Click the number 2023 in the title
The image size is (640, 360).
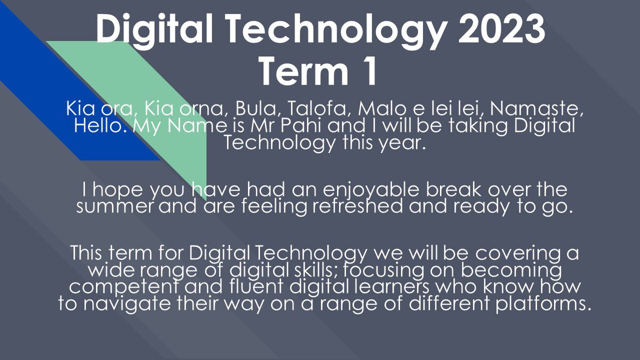pos(501,29)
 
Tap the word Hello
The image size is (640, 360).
pos(98,125)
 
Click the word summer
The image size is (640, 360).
pos(115,206)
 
